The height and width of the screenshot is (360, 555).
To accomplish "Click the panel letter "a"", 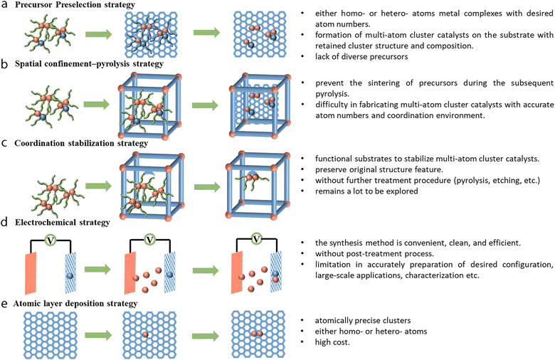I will point(6,7).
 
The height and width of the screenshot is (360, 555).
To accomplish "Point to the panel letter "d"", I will point(6,223).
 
